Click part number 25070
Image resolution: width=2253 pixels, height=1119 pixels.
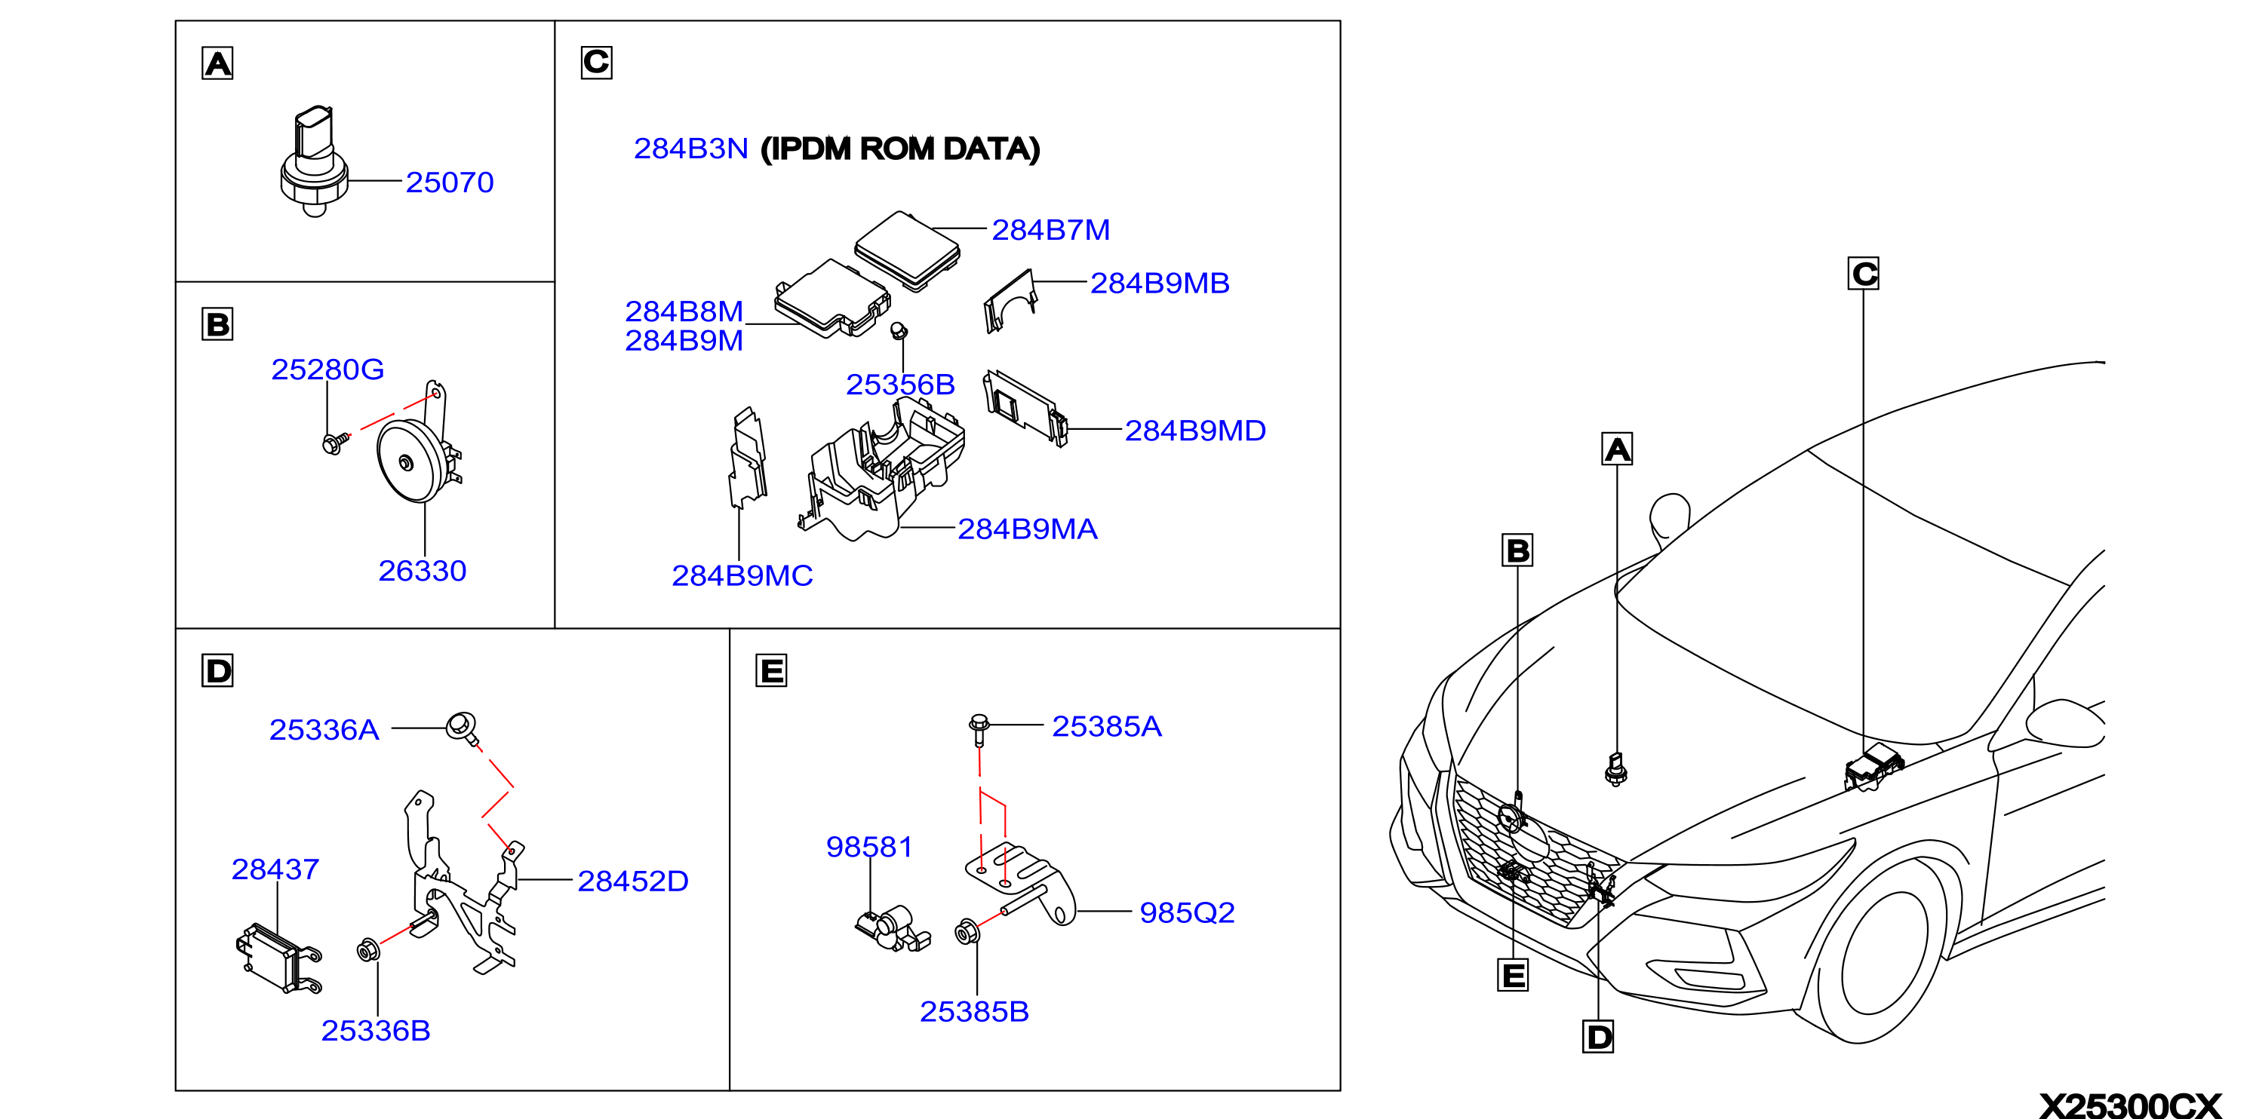click(x=450, y=182)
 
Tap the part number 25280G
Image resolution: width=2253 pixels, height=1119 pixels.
click(x=327, y=369)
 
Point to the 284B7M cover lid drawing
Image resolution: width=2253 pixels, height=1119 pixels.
click(x=907, y=250)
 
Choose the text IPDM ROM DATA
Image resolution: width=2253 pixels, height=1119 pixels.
click(x=900, y=149)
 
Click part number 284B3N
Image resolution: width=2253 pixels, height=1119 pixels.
click(x=691, y=149)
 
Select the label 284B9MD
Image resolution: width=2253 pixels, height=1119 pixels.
click(x=1194, y=430)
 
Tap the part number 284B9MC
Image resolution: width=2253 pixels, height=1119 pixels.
click(x=742, y=575)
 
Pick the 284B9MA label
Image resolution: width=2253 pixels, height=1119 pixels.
click(x=1027, y=529)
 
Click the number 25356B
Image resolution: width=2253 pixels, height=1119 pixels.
click(x=900, y=385)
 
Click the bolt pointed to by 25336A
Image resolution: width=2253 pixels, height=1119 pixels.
click(x=463, y=728)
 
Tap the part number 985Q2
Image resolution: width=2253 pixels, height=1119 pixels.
click(x=1187, y=912)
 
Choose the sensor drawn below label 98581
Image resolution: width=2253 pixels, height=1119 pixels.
click(x=892, y=928)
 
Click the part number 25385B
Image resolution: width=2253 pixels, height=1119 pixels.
click(x=974, y=1011)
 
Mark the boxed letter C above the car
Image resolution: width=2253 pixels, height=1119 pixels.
click(x=1864, y=274)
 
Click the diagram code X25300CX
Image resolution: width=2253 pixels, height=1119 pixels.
click(x=2130, y=1105)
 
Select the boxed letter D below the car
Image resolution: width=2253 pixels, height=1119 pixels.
click(x=1598, y=1037)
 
